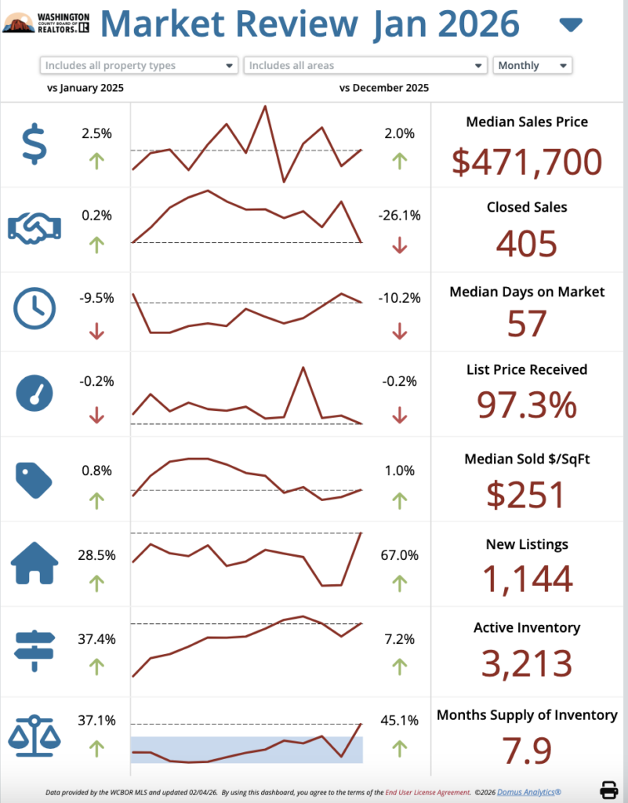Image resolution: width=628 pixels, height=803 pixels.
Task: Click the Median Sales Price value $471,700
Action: pyautogui.click(x=527, y=162)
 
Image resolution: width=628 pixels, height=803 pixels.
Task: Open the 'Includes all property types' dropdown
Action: pyautogui.click(x=138, y=66)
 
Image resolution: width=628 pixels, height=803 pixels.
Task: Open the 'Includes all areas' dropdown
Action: pyautogui.click(x=365, y=66)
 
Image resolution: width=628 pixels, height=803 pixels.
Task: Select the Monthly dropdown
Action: pyautogui.click(x=532, y=66)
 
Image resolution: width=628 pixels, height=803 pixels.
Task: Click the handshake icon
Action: pyautogui.click(x=34, y=227)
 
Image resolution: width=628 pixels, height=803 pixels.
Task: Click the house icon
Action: pyautogui.click(x=34, y=562)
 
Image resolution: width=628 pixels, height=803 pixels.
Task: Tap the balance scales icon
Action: pyautogui.click(x=34, y=732)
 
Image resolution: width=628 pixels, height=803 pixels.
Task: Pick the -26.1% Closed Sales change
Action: pyautogui.click(x=399, y=215)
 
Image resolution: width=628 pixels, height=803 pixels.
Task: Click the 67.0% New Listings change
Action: pyautogui.click(x=399, y=555)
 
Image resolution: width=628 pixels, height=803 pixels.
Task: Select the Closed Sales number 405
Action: pyautogui.click(x=527, y=244)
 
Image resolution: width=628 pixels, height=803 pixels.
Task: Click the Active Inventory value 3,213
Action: pyautogui.click(x=527, y=663)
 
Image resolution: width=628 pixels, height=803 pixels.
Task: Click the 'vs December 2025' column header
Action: pyautogui.click(x=384, y=88)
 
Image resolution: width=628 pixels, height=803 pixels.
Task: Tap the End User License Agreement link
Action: pyautogui.click(x=427, y=793)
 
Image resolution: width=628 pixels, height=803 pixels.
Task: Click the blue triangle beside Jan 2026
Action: pyautogui.click(x=571, y=26)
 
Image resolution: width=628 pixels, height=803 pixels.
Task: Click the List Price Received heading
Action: pyautogui.click(x=527, y=369)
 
